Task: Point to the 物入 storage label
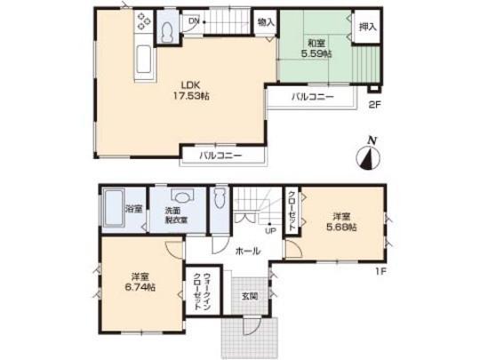pos(264,21)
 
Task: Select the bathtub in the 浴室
pos(111,212)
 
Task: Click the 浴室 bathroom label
pos(134,209)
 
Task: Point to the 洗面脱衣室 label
pos(175,215)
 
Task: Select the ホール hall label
pos(248,252)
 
